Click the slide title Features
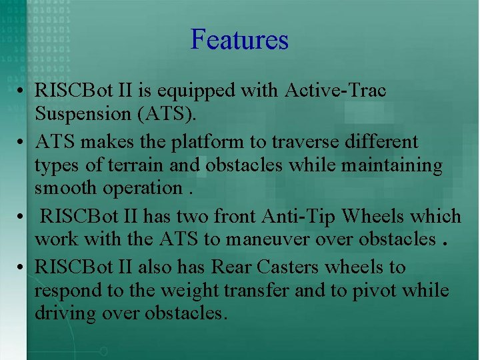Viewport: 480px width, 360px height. point(239,40)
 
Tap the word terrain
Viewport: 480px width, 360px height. point(135,165)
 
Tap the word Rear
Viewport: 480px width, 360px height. point(229,267)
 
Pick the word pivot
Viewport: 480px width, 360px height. point(387,291)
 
